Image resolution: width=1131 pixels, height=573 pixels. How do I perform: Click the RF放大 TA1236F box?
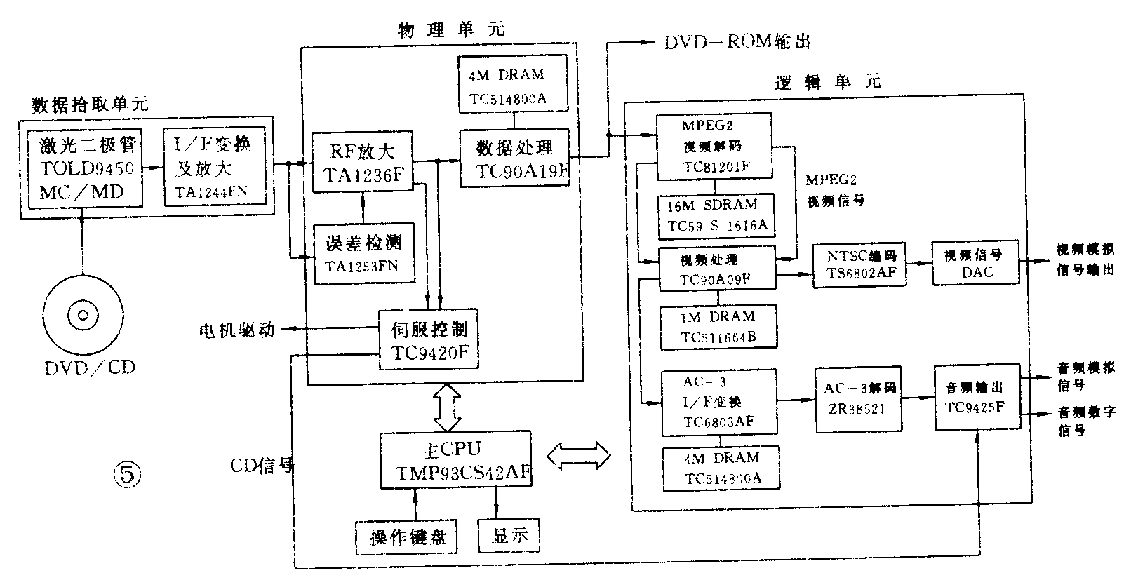(x=362, y=161)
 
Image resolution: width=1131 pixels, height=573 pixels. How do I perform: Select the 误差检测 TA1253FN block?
(x=362, y=253)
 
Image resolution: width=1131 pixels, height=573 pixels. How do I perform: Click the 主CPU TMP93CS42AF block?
(x=455, y=460)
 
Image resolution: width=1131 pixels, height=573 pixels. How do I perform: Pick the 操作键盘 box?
(x=406, y=537)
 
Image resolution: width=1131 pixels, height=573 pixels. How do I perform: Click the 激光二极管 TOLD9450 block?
(x=85, y=169)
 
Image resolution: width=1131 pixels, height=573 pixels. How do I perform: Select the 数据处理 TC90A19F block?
(x=514, y=159)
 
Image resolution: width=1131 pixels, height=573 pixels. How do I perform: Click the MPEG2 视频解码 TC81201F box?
(x=714, y=146)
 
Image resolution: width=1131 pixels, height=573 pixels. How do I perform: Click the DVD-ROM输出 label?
(x=737, y=42)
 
